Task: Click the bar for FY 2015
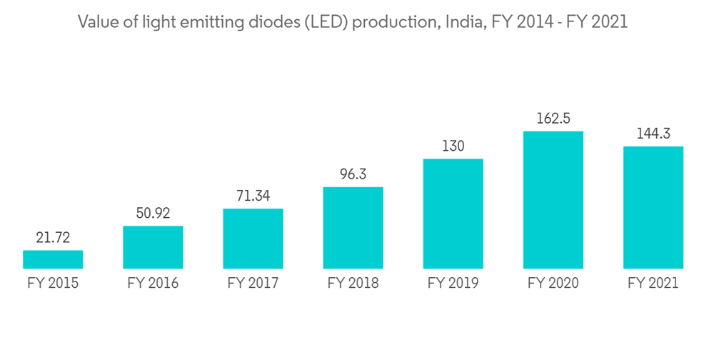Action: click(53, 259)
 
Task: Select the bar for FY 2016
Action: click(153, 247)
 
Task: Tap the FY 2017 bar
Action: click(253, 239)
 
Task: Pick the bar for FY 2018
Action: click(353, 228)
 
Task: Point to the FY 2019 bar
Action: click(453, 214)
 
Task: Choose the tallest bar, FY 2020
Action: click(553, 200)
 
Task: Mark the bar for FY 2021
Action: click(653, 207)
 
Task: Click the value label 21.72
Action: click(53, 238)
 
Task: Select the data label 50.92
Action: click(153, 214)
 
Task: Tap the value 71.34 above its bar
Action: click(253, 196)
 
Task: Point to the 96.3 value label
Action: click(353, 175)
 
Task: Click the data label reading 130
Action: click(453, 146)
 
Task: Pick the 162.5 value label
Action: click(553, 119)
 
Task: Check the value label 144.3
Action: click(653, 134)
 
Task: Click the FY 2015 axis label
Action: click(53, 284)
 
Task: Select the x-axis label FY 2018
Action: click(353, 284)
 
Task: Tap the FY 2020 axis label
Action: click(553, 284)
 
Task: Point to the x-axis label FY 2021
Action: click(653, 284)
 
